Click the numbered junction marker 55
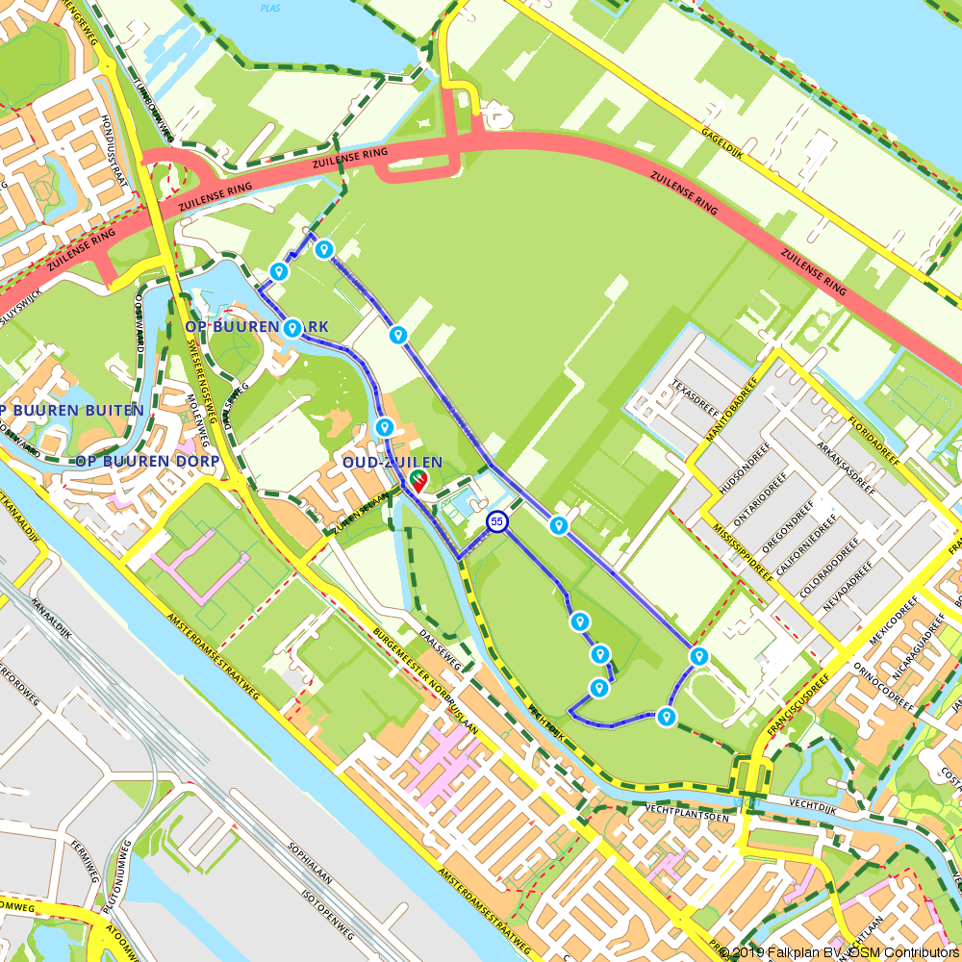tap(496, 521)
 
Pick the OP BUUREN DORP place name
tap(146, 461)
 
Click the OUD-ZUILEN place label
tap(392, 463)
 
